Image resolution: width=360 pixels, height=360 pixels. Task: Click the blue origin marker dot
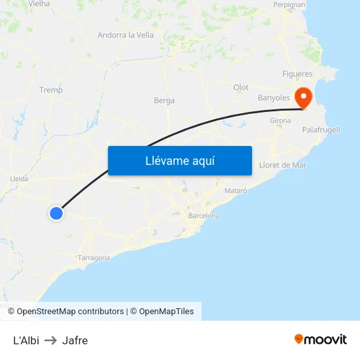pos(56,213)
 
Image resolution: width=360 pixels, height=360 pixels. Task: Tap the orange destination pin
pos(304,98)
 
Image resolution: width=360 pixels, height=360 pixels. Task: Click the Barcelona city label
pos(204,215)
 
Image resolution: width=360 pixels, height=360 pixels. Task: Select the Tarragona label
pos(94,258)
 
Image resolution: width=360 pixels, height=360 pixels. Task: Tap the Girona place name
pos(280,120)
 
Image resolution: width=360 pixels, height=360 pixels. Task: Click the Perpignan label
pos(289,5)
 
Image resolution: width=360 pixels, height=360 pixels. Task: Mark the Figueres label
pos(297,73)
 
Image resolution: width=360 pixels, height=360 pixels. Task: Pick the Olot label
pos(241,87)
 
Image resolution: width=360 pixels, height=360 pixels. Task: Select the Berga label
pos(164,101)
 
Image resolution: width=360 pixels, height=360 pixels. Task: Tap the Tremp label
pos(51,90)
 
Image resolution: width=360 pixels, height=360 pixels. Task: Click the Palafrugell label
pos(321,130)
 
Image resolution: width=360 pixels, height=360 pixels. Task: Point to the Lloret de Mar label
pos(283,165)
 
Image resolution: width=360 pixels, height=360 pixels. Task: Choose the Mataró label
pos(236,190)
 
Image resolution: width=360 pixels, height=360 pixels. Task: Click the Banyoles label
pos(274,98)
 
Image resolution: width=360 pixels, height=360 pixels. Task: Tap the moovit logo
pos(321,339)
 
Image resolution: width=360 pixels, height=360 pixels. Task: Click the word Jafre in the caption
pos(75,340)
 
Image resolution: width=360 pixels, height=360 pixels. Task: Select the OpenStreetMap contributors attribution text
pos(70,312)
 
